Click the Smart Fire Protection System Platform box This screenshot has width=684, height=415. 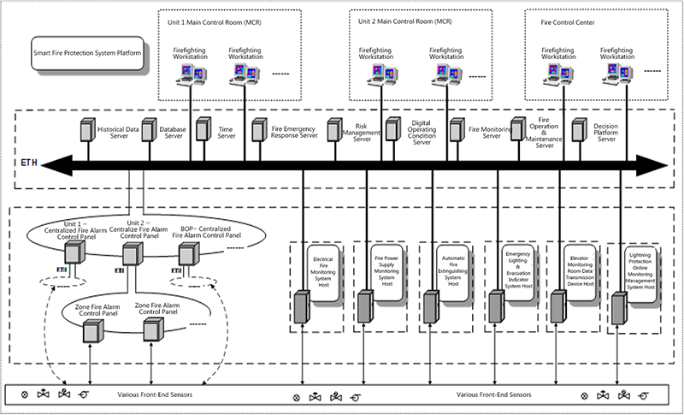[88, 52]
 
